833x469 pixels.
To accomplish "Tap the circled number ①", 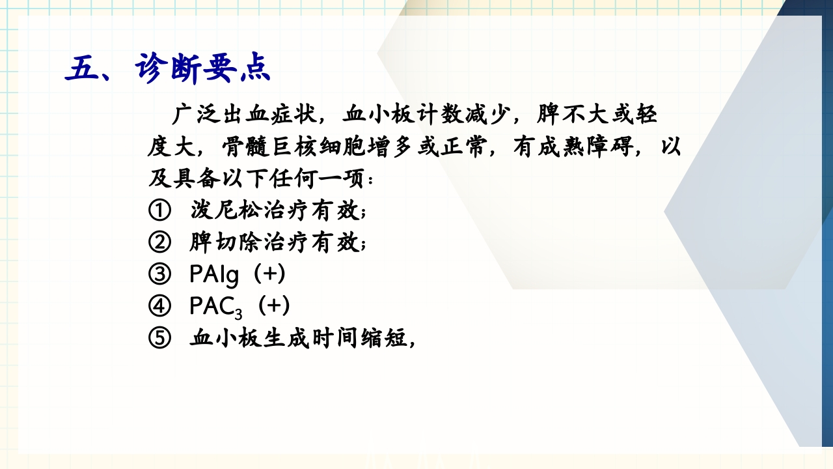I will [x=159, y=211].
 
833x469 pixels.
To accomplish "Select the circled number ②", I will [x=159, y=243].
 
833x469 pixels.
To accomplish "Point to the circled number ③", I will [x=159, y=275].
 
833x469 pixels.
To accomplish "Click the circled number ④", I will [x=159, y=306].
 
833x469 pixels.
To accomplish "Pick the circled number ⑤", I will [x=159, y=339].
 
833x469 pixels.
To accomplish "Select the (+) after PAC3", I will [x=273, y=306].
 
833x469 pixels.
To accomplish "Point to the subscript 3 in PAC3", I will [x=247, y=311].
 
